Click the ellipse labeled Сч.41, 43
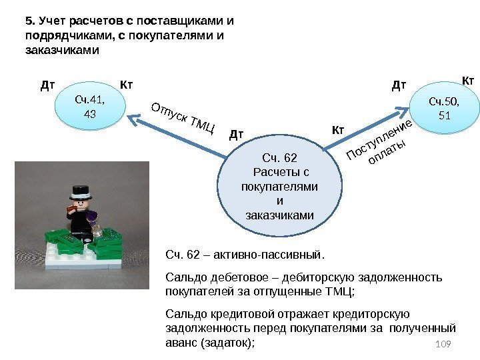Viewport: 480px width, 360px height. point(91,107)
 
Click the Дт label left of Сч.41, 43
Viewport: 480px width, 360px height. point(47,85)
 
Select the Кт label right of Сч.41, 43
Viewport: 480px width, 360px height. point(127,85)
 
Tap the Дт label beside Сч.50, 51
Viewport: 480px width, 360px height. point(399,85)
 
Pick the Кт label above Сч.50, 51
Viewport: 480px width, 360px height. point(468,81)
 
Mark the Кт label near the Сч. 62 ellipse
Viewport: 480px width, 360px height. point(338,129)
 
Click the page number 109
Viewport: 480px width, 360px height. point(442,343)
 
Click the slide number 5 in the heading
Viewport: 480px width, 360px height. point(28,19)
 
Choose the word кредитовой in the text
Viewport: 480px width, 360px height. point(235,314)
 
